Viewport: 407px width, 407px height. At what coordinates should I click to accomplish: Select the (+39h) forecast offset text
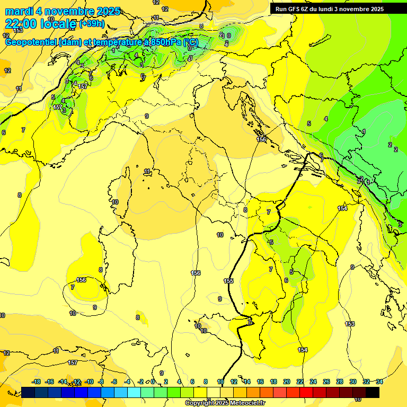[92, 24]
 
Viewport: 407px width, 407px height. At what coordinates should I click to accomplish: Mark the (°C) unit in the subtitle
[191, 42]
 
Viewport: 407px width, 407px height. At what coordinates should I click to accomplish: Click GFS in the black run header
[295, 9]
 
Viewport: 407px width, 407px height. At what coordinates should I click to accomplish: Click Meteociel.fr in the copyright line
[246, 403]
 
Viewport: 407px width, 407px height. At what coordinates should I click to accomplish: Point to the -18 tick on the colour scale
[36, 382]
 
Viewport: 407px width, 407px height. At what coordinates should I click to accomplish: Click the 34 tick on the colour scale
[379, 382]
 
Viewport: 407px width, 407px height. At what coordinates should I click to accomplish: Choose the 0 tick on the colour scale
[153, 382]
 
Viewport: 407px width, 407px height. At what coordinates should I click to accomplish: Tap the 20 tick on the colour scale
[287, 382]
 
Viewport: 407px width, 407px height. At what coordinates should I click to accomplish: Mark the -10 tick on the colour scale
[89, 382]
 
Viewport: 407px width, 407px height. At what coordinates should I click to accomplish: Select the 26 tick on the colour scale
[326, 382]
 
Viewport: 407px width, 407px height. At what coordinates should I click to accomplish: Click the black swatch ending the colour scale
[373, 392]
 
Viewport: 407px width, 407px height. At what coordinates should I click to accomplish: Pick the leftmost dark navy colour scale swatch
[29, 392]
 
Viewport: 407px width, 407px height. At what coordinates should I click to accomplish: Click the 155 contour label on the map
[228, 281]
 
